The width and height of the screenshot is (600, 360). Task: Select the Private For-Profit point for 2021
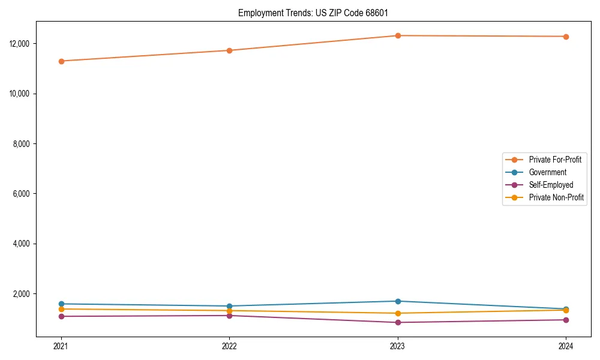61,61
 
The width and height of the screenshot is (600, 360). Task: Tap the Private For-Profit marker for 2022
229,50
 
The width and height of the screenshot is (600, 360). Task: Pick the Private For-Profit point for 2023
398,35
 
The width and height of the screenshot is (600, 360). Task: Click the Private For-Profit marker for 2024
566,37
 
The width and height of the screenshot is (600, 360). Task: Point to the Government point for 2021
61,304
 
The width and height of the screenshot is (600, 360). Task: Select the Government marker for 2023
398,301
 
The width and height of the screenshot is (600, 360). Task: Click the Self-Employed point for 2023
398,323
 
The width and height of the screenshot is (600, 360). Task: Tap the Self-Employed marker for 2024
566,320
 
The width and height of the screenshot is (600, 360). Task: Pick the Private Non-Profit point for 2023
398,313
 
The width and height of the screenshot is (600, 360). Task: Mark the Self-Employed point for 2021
61,316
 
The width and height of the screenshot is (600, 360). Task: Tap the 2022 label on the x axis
229,346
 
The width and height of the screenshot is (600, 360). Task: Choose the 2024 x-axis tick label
566,346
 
